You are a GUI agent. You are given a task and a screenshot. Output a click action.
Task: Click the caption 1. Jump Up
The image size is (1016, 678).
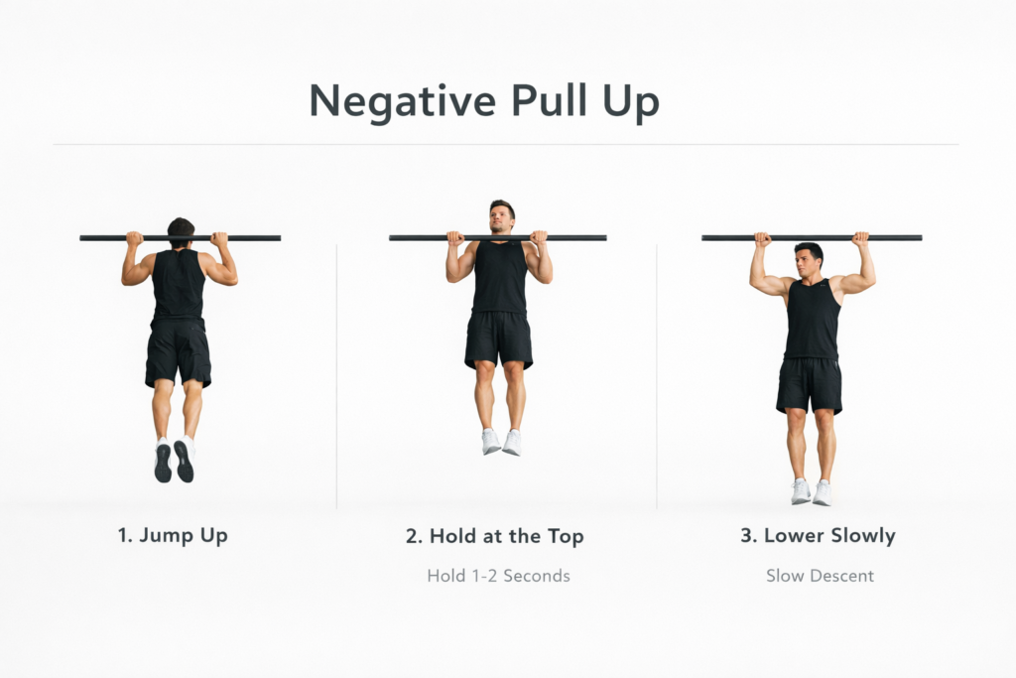tap(172, 536)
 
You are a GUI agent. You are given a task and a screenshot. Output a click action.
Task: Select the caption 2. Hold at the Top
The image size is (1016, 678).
tap(494, 537)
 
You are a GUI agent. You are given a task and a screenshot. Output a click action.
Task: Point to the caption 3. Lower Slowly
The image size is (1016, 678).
tap(818, 536)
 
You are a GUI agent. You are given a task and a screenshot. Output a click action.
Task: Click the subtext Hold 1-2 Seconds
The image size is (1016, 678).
tap(498, 575)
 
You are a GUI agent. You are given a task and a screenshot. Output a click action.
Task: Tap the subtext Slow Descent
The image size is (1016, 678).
tap(820, 575)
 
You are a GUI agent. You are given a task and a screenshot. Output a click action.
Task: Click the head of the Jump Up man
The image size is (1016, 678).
tap(181, 229)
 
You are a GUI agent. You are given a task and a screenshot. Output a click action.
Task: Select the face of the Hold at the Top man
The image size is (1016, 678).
tap(502, 216)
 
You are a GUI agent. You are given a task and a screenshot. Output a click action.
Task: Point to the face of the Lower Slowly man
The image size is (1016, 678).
tap(808, 261)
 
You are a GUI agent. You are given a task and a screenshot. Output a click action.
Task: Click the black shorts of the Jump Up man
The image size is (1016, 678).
tap(179, 352)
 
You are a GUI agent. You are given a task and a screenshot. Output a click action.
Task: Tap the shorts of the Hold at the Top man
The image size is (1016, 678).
tap(498, 339)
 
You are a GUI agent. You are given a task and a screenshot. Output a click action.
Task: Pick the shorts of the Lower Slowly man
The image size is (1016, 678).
tap(810, 385)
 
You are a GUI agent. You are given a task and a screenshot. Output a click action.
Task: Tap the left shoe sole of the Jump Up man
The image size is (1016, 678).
tap(163, 463)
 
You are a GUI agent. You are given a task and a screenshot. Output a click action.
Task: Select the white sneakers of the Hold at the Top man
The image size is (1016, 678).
tap(501, 441)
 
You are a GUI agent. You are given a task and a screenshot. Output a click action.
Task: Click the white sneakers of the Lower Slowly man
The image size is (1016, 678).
tap(811, 491)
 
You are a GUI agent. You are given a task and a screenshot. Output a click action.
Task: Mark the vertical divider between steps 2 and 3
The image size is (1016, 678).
tap(657, 377)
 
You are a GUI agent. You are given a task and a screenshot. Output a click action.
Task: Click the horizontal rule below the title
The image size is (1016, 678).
tap(506, 145)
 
